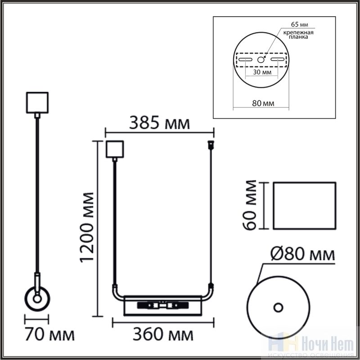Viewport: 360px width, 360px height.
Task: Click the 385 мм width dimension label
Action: pos(160,123)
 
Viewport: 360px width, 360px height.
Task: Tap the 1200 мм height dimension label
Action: pos(87,227)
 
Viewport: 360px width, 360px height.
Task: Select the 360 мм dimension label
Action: pos(163,334)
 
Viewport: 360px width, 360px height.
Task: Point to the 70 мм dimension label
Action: pos(49,334)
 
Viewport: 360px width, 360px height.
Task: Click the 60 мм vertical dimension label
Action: pos(249,205)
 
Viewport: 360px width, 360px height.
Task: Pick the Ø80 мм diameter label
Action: pos(302,254)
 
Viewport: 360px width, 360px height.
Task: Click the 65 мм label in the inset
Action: pos(299,24)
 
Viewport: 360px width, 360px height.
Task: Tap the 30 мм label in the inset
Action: pos(262,72)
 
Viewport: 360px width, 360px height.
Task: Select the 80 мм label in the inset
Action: pos(263,103)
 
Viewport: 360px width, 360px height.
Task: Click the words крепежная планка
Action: pos(298,35)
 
